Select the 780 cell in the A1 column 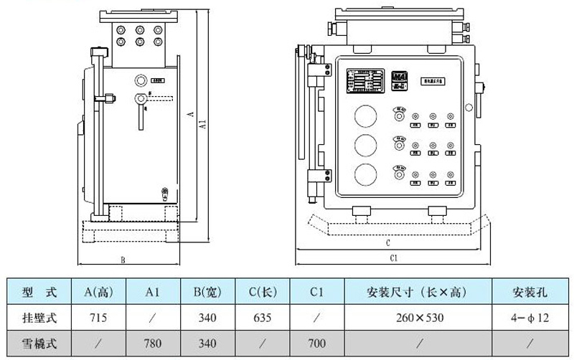152,343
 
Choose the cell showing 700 317,343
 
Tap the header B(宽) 208,291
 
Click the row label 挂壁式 39,316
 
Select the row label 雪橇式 39,343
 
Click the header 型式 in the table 39,291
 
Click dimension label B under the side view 123,260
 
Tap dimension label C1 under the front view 393,257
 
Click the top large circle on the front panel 365,116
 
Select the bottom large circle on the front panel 365,174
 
